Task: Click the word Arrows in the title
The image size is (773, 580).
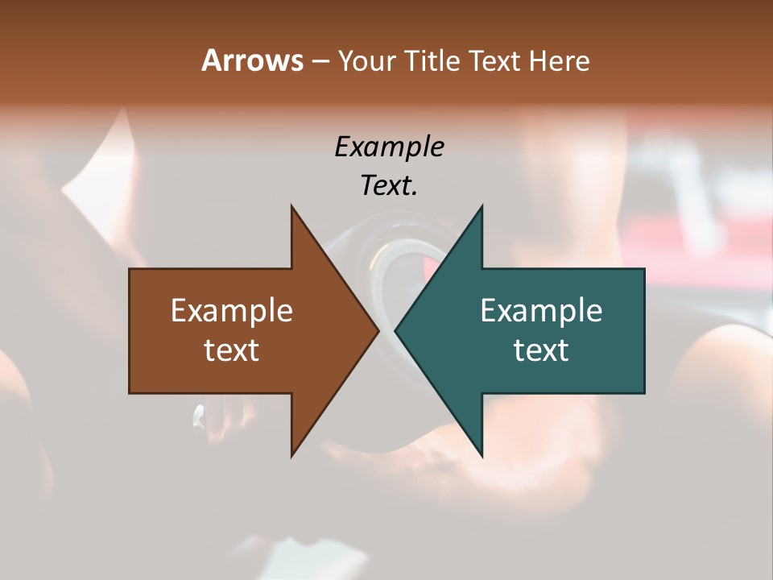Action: point(252,60)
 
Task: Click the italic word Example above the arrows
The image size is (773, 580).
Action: point(390,147)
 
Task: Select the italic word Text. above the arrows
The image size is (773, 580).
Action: point(390,185)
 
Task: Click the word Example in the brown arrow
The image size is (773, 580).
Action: point(232,311)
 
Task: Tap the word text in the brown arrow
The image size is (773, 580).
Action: point(232,350)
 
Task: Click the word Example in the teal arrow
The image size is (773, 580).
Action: point(541,311)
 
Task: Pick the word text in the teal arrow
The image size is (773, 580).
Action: point(541,350)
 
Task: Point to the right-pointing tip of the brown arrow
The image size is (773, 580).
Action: point(378,331)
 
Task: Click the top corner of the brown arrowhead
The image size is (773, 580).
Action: point(292,207)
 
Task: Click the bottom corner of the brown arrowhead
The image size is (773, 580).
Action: point(292,455)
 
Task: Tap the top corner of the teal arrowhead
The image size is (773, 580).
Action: point(482,207)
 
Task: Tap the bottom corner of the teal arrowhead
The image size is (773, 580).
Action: point(482,455)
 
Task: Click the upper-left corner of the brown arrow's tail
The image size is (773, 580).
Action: point(130,270)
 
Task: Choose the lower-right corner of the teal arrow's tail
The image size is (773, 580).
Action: point(643,392)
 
